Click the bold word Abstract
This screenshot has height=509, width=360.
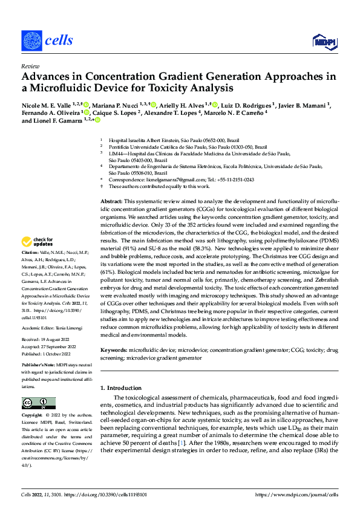click(112, 200)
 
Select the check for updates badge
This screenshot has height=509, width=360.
click(37, 242)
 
